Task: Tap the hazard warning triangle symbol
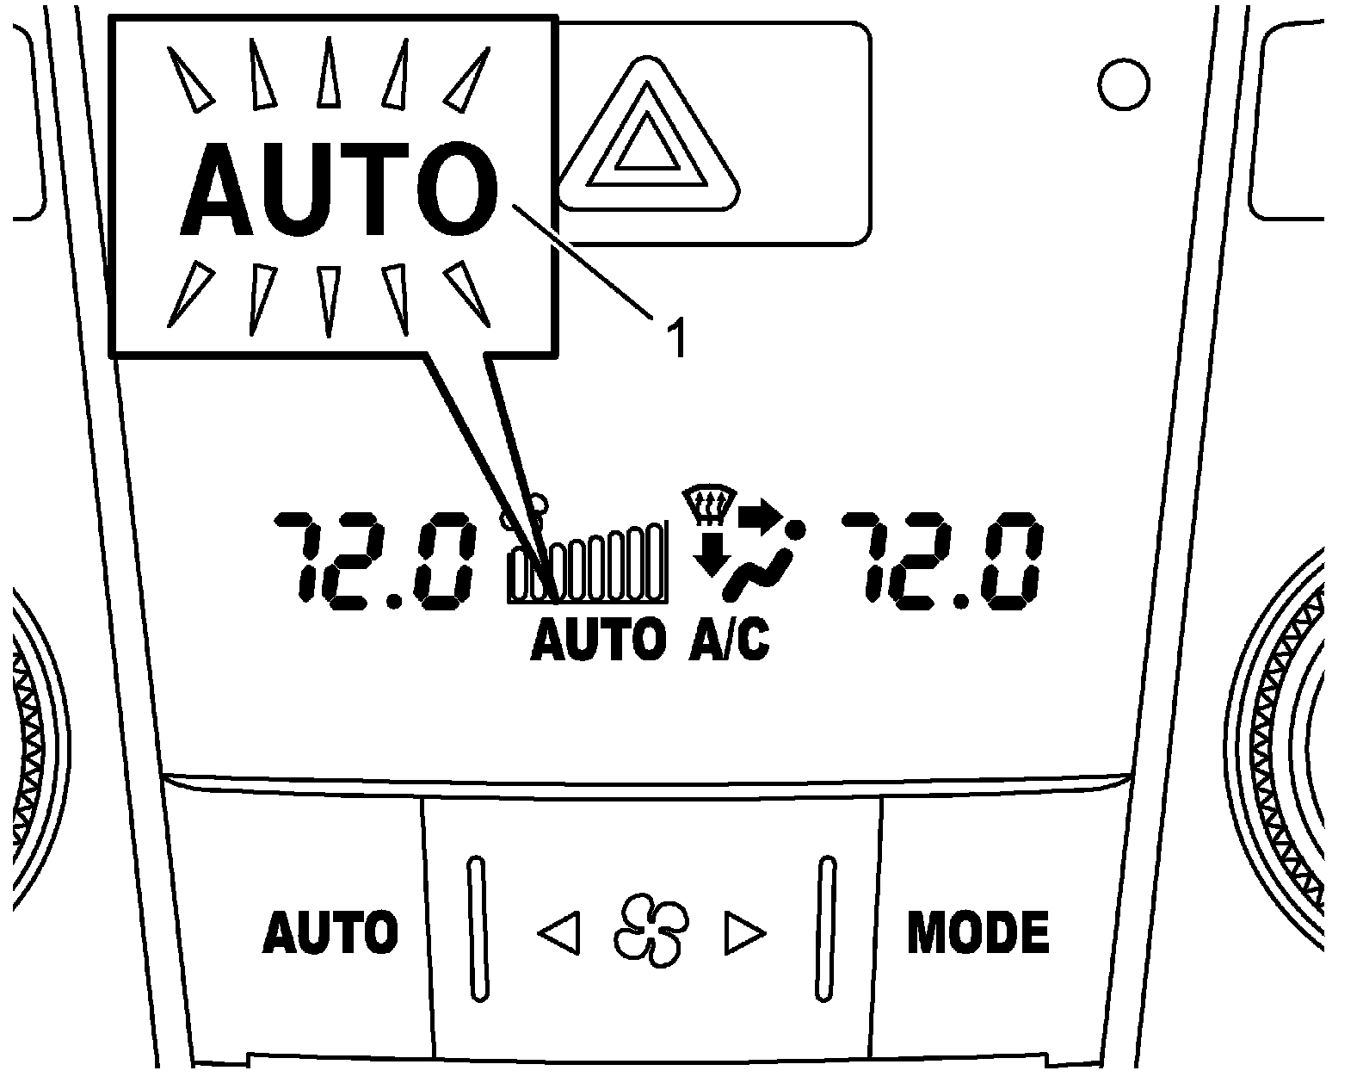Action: coord(648,137)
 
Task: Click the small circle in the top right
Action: coord(1124,84)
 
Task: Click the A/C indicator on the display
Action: coord(729,641)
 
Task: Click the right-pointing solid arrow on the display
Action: coord(760,515)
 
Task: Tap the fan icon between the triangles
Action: coord(651,931)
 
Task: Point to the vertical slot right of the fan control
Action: coord(826,928)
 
